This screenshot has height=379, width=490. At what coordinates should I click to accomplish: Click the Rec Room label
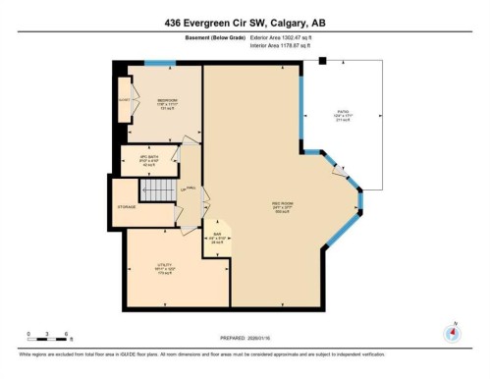pyautogui.click(x=283, y=205)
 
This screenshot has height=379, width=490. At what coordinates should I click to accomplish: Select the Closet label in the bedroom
pyautogui.click(x=124, y=100)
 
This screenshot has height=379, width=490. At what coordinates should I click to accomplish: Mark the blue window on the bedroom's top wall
pyautogui.click(x=159, y=64)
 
